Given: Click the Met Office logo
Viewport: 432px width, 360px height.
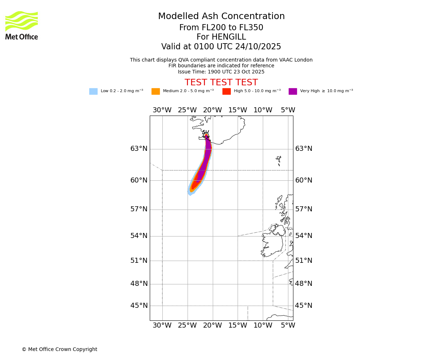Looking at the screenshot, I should [x=22, y=25].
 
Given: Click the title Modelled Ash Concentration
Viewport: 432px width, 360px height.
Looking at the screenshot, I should [x=221, y=17].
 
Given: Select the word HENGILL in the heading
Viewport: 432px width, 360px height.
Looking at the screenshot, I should [x=221, y=37].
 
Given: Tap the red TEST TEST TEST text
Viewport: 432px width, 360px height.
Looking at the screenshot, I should [x=221, y=83].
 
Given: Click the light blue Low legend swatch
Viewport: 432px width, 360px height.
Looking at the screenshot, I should [x=93, y=91].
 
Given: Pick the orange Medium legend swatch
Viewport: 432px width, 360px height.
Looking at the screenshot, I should [x=156, y=91].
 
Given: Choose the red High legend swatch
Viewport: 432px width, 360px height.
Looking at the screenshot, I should [x=226, y=91].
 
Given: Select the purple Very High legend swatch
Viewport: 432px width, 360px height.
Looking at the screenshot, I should [x=293, y=91].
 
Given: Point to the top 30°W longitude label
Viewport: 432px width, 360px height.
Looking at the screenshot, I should [x=162, y=110].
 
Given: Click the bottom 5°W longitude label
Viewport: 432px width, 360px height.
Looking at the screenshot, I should [x=288, y=325].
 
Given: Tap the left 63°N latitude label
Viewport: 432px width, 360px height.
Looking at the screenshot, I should [x=139, y=149].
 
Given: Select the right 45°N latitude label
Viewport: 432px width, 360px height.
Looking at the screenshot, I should [x=304, y=306].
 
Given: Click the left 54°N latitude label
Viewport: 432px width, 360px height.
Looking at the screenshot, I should [x=139, y=236].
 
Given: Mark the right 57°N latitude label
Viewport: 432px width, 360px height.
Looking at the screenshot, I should [x=304, y=209].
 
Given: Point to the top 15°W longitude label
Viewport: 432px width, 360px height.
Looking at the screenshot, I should [x=238, y=110].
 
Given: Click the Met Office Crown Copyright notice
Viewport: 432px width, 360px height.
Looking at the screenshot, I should [x=59, y=349].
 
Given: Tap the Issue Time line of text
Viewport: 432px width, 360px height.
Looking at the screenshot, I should [x=221, y=72].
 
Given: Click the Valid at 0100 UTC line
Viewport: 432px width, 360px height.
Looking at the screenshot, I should [x=221, y=47].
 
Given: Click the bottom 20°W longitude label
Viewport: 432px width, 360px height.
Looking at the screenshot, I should [x=212, y=325].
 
